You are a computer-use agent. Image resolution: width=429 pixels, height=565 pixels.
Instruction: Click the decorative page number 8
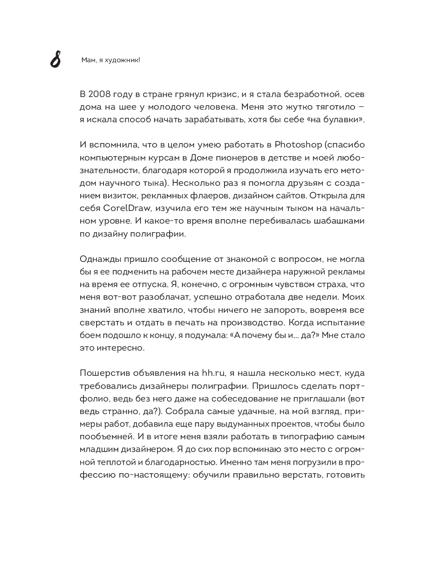pos(55,60)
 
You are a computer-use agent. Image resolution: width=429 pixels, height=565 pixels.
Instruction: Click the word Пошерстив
pos(102,373)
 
